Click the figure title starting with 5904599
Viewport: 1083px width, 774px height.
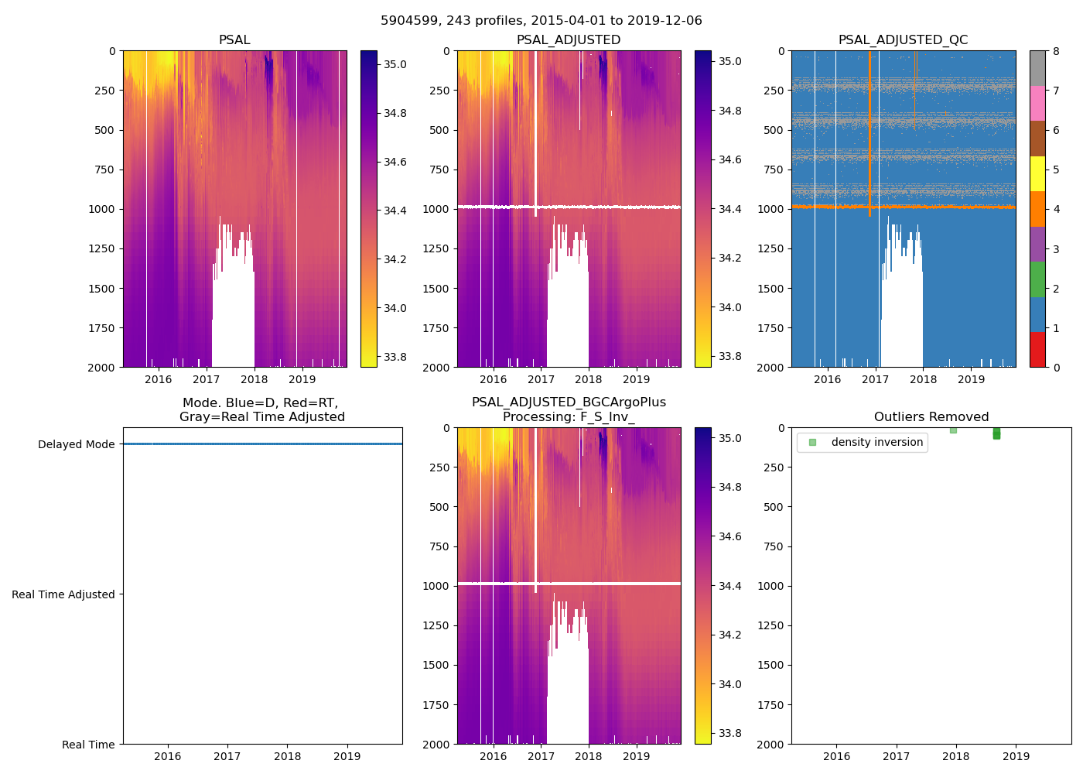tap(541, 21)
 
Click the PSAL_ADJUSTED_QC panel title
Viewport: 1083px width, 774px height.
tap(903, 40)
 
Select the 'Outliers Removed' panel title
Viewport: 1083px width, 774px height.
tap(931, 417)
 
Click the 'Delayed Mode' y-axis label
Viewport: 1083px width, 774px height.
tap(76, 444)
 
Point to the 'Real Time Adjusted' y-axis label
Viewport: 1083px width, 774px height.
tap(63, 594)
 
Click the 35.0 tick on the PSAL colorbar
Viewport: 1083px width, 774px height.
tap(395, 64)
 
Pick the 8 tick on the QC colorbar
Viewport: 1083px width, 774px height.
tap(1056, 51)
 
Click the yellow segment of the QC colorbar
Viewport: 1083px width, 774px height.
tap(1037, 174)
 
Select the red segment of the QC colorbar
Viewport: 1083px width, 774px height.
tap(1037, 349)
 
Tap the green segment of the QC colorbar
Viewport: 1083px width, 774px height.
tap(1037, 279)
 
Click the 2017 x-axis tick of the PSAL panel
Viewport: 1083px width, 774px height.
tap(207, 379)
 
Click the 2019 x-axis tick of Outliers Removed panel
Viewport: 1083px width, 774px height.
tap(1016, 756)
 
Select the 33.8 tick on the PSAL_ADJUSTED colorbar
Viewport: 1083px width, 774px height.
tap(729, 356)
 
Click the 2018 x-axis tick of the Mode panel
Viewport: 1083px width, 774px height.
tap(287, 756)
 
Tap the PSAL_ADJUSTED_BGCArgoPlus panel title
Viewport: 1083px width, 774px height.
tap(569, 409)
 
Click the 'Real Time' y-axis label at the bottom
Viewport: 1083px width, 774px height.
tap(88, 745)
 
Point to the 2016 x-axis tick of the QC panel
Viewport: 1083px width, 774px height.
tap(827, 379)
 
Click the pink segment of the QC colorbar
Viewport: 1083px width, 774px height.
tap(1037, 104)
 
